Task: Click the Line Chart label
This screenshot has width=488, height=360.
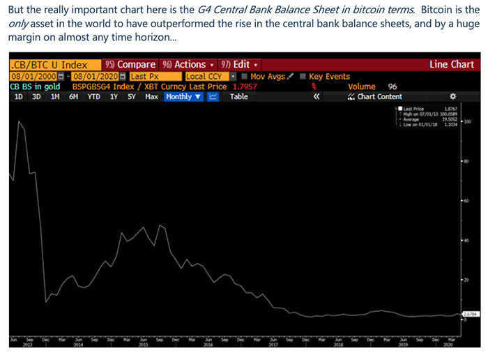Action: pos(451,64)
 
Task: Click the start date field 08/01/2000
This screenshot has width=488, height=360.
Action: pos(32,76)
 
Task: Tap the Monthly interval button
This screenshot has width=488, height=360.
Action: pos(183,96)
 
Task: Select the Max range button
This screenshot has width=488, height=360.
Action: pos(151,96)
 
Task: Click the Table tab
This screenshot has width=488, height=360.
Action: pos(238,96)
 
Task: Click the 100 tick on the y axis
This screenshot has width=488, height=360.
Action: pos(467,121)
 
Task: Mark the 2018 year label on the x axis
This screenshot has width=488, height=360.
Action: pos(337,345)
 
